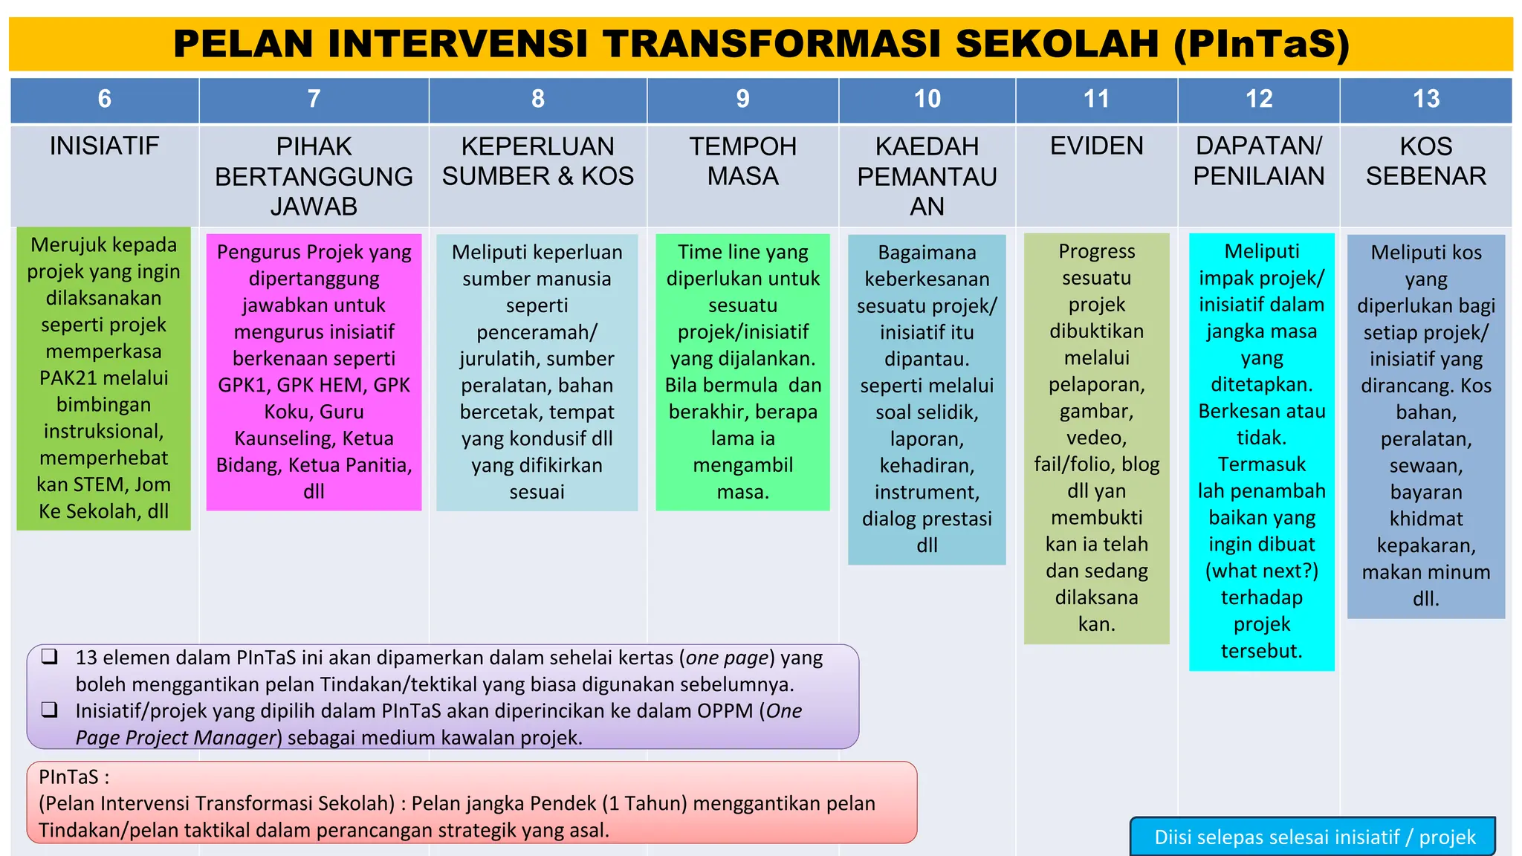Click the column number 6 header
click(105, 99)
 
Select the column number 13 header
click(1425, 99)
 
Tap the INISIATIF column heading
click(105, 146)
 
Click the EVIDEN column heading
click(1096, 146)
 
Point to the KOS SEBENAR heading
click(1425, 160)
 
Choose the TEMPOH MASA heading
click(742, 160)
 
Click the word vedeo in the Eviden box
click(1096, 438)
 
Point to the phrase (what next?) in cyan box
click(1261, 571)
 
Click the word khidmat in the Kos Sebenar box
click(1425, 519)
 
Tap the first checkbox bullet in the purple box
click(50, 656)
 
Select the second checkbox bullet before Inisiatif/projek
click(50, 710)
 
